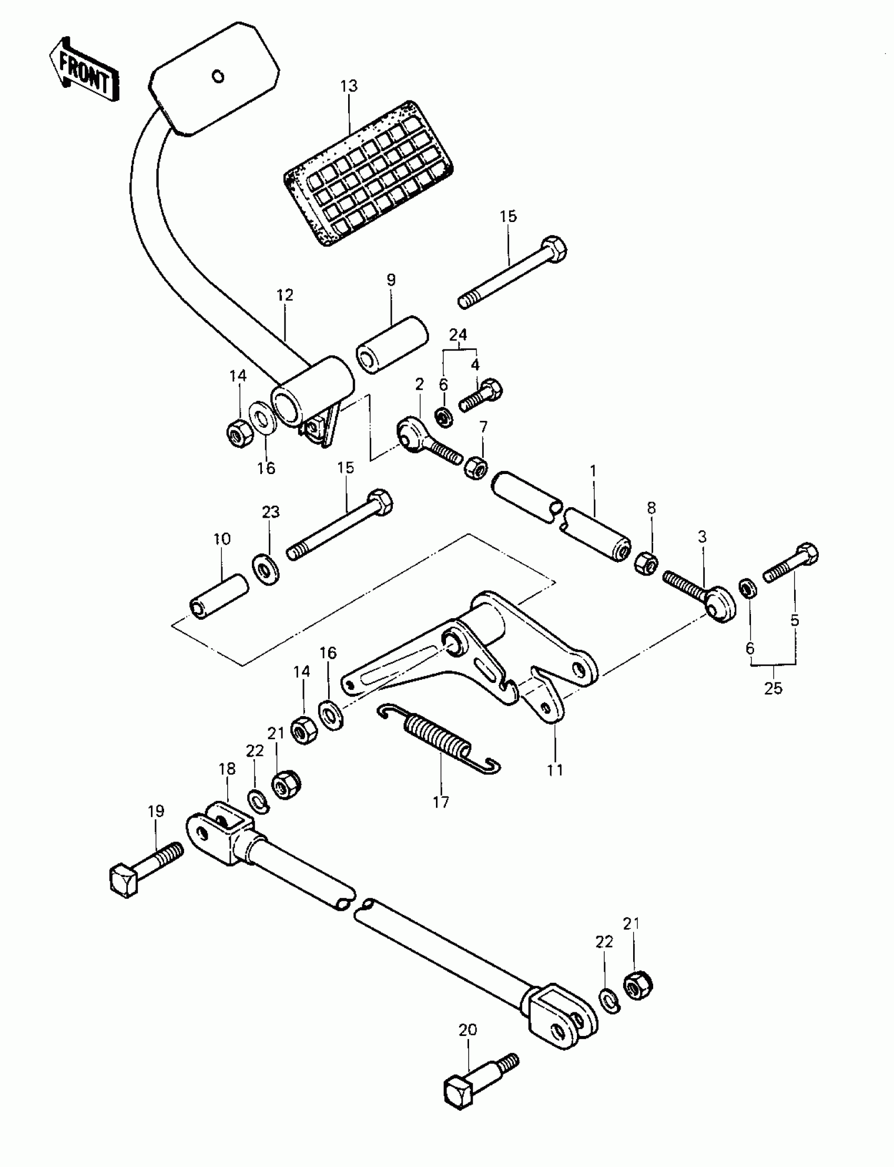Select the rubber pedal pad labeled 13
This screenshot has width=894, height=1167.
[x=368, y=173]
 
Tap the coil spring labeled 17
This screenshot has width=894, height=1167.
[x=439, y=737]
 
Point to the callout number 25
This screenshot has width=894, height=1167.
[x=773, y=688]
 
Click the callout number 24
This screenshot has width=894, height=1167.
[x=458, y=335]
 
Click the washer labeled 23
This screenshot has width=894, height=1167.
[x=266, y=570]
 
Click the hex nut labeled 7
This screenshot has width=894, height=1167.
[x=476, y=467]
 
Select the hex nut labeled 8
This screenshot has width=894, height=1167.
[x=647, y=564]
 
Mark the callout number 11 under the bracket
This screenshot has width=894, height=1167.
[x=555, y=769]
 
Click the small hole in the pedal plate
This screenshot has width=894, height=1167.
[x=218, y=77]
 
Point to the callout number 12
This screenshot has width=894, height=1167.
[x=285, y=295]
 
